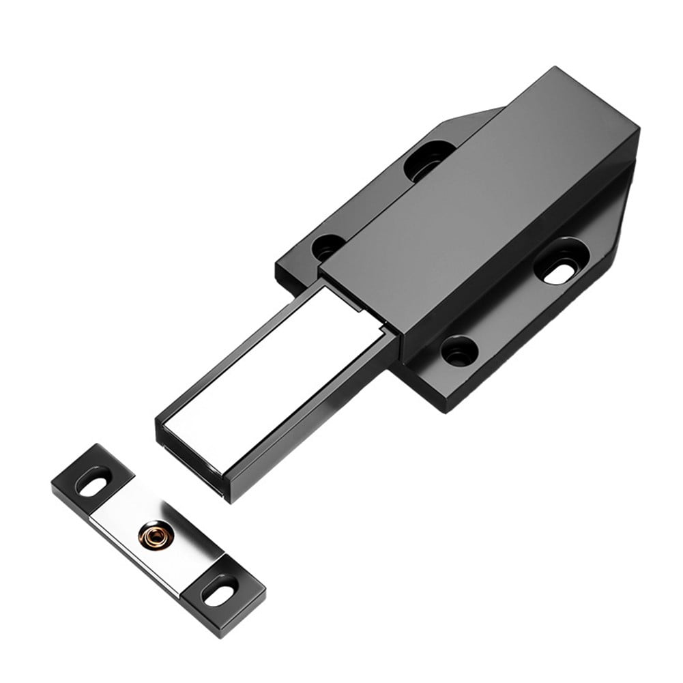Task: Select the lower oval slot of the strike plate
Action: tap(220, 590)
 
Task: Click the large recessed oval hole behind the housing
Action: tap(427, 162)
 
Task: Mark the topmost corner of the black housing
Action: tap(554, 68)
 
